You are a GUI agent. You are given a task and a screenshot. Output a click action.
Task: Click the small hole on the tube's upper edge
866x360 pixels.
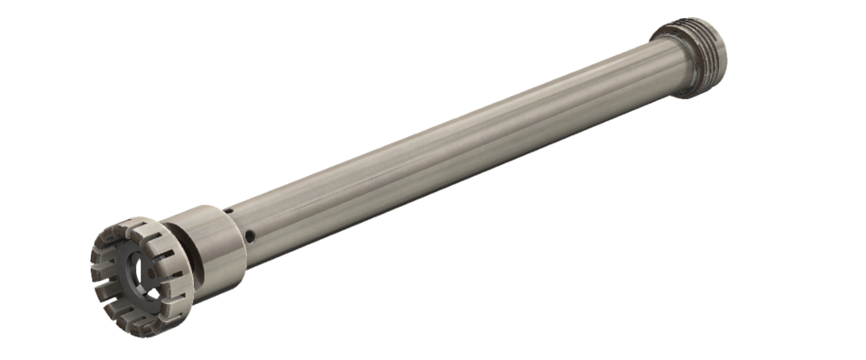(x=228, y=211)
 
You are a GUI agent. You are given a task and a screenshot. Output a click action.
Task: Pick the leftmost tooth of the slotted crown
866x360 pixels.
(x=96, y=267)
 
